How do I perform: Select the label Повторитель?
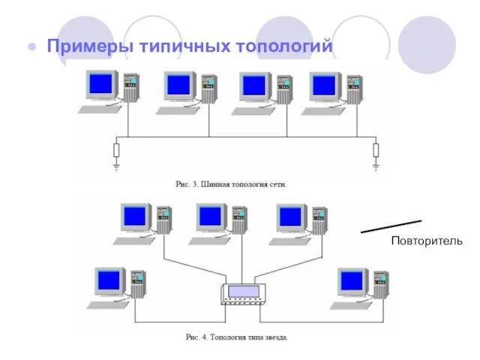pos(427,241)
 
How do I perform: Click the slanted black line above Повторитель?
pos(391,226)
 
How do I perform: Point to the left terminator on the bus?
pos(115,151)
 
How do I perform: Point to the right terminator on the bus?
pos(376,151)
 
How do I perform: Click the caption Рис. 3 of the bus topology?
pos(231,183)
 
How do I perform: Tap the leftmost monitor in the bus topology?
pos(101,84)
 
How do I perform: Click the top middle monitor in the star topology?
pos(212,217)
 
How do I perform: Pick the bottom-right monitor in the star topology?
pos(352,281)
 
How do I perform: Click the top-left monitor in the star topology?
pos(136,217)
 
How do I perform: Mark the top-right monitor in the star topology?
pos(290,217)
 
